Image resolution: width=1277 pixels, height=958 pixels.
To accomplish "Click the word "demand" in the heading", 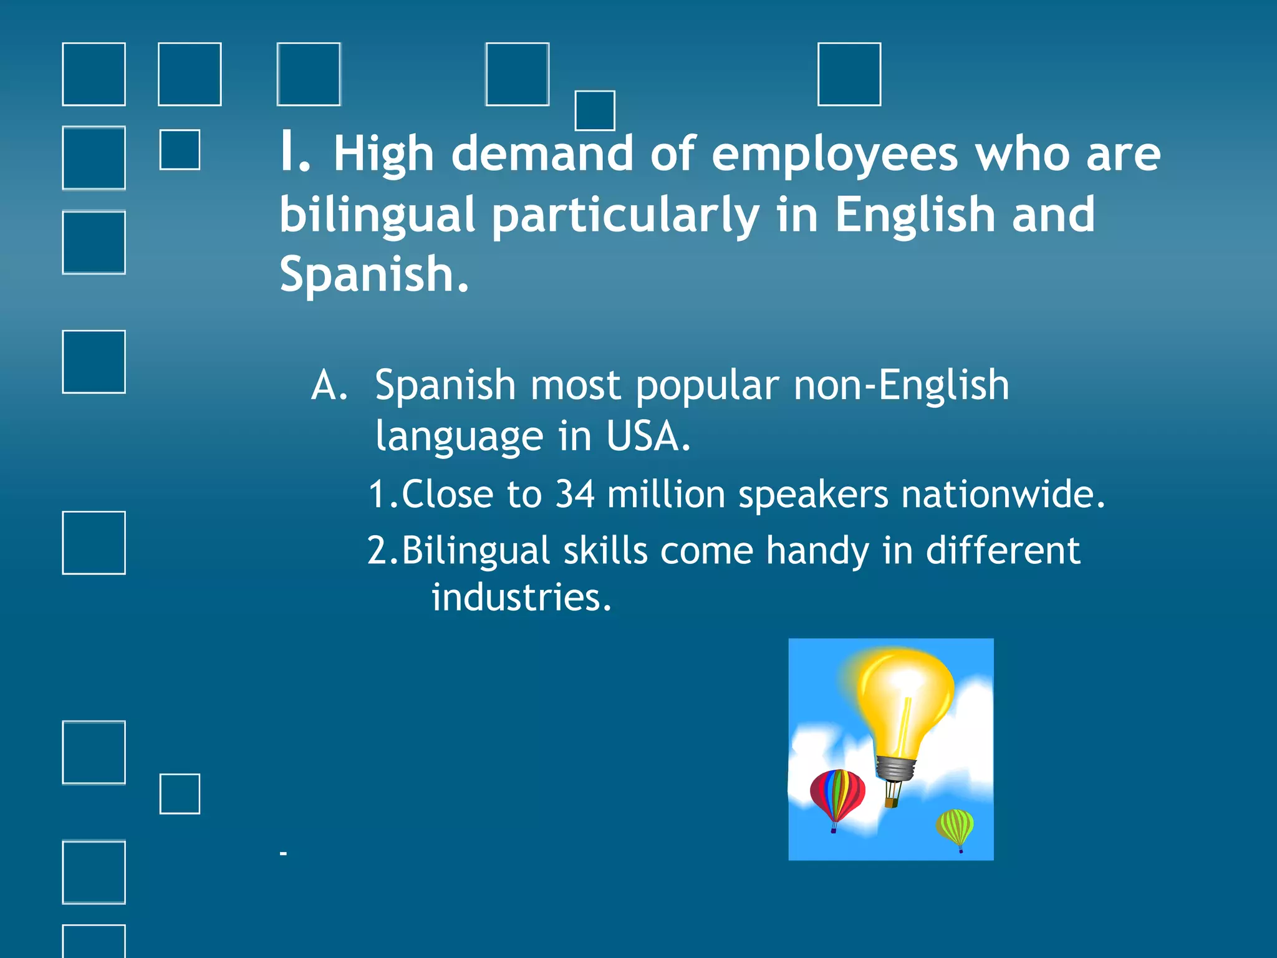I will point(542,153).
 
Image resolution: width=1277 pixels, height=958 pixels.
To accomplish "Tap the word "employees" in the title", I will point(834,155).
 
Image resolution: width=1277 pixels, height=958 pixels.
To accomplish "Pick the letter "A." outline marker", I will point(329,385).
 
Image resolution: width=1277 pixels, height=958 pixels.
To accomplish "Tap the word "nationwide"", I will point(1002,494).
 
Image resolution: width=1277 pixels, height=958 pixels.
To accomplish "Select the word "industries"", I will point(521,597).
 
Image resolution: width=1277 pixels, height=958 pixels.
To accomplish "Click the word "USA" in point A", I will point(647,436).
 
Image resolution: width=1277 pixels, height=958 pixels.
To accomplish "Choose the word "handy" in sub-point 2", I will point(817,551).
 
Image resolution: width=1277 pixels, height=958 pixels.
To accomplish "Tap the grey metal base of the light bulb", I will point(896,768).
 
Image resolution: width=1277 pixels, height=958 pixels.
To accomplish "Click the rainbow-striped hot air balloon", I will point(837,795).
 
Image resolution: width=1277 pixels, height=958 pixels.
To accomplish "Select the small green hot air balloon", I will point(955,826).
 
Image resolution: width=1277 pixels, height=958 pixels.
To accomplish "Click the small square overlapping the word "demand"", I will point(594,110).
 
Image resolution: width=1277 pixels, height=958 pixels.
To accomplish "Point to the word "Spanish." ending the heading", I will point(373,274).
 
